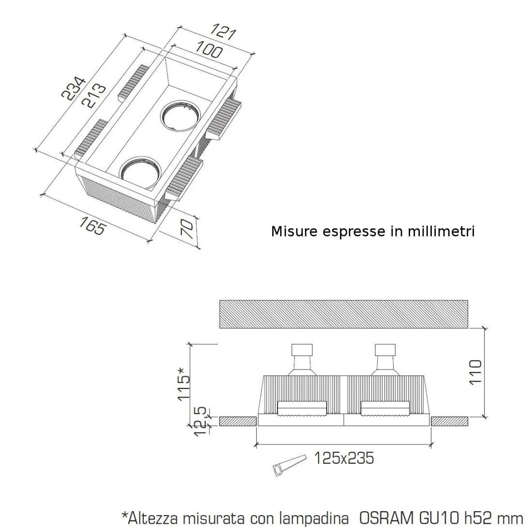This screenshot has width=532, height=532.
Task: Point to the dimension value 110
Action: [476, 371]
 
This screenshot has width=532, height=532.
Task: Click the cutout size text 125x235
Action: [344, 458]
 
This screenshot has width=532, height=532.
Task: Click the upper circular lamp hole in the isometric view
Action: [179, 116]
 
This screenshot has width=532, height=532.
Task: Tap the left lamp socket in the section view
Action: [303, 360]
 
